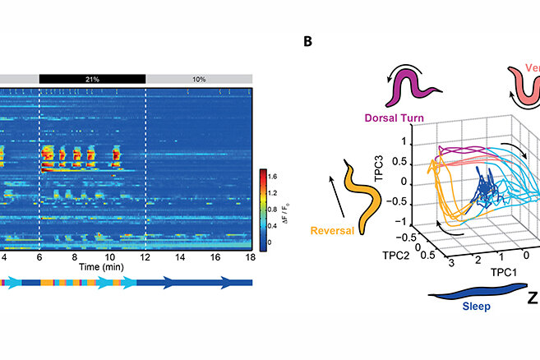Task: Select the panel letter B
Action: pyautogui.click(x=310, y=39)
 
